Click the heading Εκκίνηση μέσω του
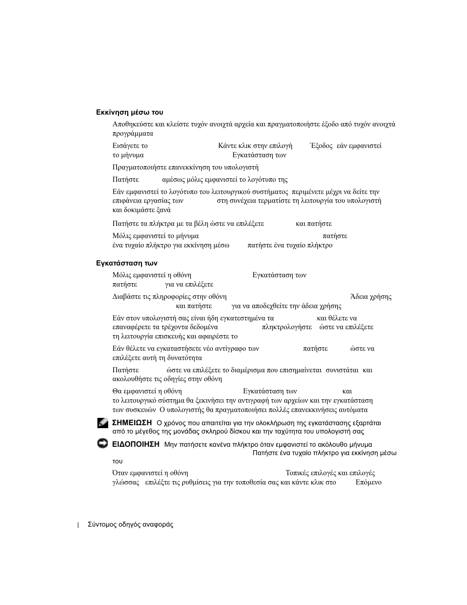pos(129,113)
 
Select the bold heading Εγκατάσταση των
pos(126,264)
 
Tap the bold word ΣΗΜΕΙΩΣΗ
pos(132,423)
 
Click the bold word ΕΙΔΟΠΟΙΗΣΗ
pos(136,444)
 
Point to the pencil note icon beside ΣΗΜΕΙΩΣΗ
pos(103,423)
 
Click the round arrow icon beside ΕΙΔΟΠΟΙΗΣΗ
pos(103,444)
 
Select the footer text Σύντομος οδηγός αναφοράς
pos(130,525)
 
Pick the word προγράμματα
pos(133,134)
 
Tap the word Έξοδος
pos(322,146)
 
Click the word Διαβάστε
pos(125,297)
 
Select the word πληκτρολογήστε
pos(287,327)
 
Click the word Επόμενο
pos(369,483)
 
